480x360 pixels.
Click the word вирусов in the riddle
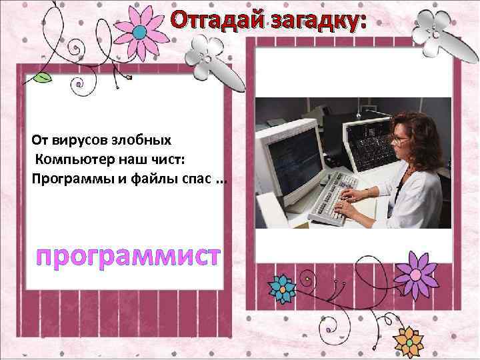pos(69,141)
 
